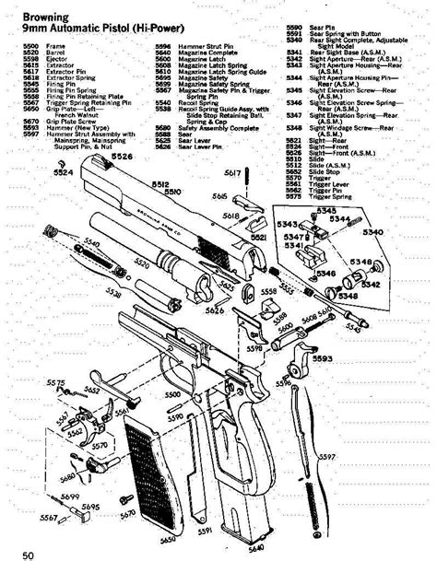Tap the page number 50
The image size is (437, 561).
(x=30, y=553)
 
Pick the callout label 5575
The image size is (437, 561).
(x=56, y=382)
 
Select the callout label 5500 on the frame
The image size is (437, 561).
(x=172, y=394)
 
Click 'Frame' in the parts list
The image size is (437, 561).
(x=56, y=45)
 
